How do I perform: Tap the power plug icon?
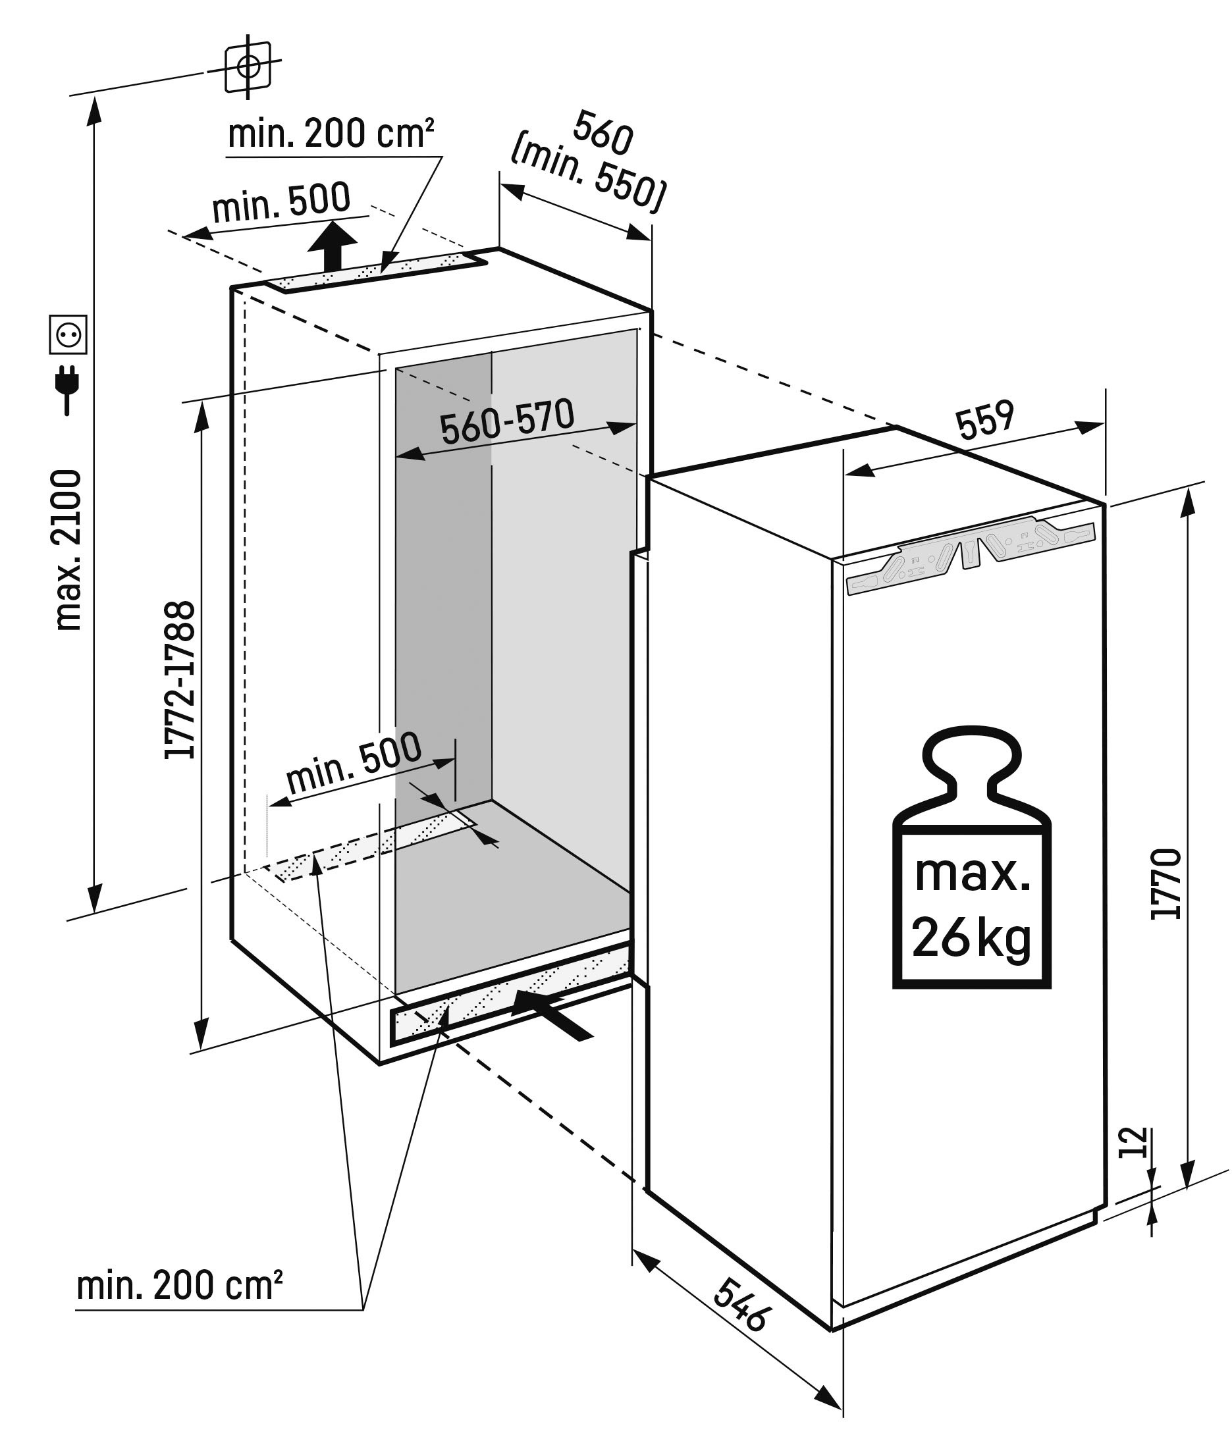click(x=68, y=390)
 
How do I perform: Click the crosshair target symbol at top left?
click(x=248, y=66)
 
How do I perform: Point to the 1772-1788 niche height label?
click(x=179, y=680)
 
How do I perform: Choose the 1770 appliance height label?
click(x=1166, y=884)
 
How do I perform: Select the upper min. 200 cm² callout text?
click(x=331, y=134)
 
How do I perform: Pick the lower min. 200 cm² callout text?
click(x=179, y=1284)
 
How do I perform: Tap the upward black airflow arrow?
click(x=333, y=246)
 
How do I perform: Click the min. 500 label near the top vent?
click(x=281, y=203)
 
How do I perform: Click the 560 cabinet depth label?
click(x=603, y=132)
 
